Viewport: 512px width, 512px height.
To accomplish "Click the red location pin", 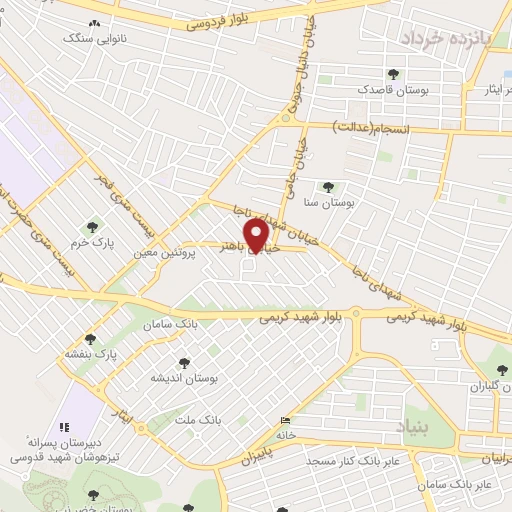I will pos(258,236).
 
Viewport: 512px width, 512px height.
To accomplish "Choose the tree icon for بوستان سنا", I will pos(327,186).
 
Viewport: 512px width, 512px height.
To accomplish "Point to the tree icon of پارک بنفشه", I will pos(91,338).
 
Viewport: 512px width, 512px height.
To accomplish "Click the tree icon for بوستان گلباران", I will pos(474,369).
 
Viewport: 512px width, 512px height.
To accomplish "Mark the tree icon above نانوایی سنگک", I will pos(94,23).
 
